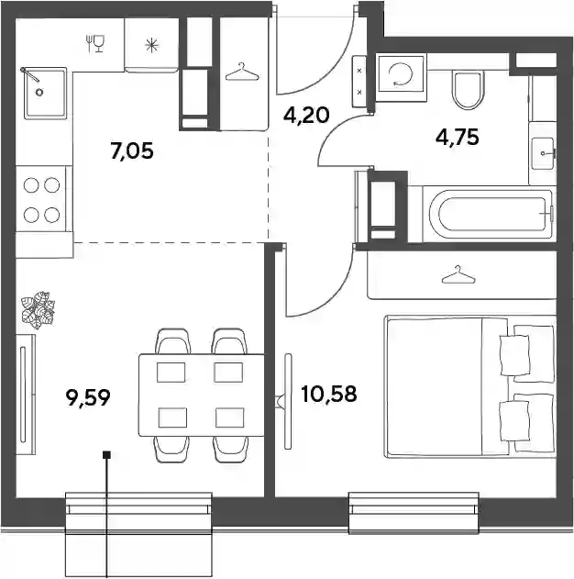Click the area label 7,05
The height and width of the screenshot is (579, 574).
(132, 151)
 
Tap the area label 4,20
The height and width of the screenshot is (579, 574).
(306, 116)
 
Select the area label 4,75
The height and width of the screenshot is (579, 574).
(458, 138)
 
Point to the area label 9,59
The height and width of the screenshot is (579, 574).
(88, 398)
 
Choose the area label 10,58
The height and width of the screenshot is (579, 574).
(328, 394)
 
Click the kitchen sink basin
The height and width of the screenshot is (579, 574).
(45, 93)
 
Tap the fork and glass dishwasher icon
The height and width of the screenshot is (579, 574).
(95, 43)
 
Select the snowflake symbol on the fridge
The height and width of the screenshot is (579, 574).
(151, 45)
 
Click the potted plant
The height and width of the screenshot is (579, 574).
(38, 310)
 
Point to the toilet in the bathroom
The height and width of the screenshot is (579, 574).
(468, 90)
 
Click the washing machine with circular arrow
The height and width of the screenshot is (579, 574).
(402, 76)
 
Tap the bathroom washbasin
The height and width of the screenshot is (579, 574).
(542, 153)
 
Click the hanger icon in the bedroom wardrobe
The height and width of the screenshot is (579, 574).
(458, 275)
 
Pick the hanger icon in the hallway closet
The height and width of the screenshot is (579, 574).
(242, 72)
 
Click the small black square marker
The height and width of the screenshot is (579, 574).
(107, 455)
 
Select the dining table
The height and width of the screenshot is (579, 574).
(202, 395)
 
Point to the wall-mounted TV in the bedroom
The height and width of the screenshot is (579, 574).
(288, 401)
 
